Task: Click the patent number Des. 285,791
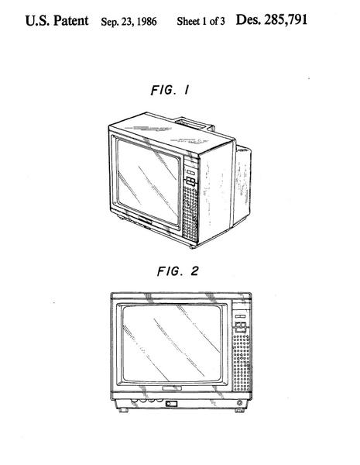pyautogui.click(x=272, y=20)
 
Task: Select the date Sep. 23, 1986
pyautogui.click(x=129, y=22)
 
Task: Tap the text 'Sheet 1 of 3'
pyautogui.click(x=201, y=21)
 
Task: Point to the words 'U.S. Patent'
pyautogui.click(x=57, y=21)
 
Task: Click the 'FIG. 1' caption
pyautogui.click(x=170, y=90)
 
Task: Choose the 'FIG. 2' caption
pyautogui.click(x=177, y=271)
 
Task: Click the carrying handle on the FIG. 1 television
pyautogui.click(x=194, y=123)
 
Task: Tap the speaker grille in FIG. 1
pyautogui.click(x=190, y=213)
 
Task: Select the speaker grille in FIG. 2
pyautogui.click(x=242, y=363)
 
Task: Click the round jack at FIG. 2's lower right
pyautogui.click(x=239, y=403)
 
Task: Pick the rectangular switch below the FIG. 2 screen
pyautogui.click(x=171, y=404)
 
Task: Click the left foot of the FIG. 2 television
pyautogui.click(x=123, y=410)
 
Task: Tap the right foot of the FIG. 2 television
pyautogui.click(x=240, y=411)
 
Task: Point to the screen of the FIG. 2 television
pyautogui.click(x=172, y=343)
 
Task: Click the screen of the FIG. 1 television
pyautogui.click(x=148, y=181)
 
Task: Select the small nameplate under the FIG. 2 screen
pyautogui.click(x=172, y=388)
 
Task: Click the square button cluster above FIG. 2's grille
pyautogui.click(x=241, y=327)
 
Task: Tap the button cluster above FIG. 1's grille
pyautogui.click(x=190, y=181)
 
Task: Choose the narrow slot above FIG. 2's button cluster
pyautogui.click(x=240, y=316)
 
